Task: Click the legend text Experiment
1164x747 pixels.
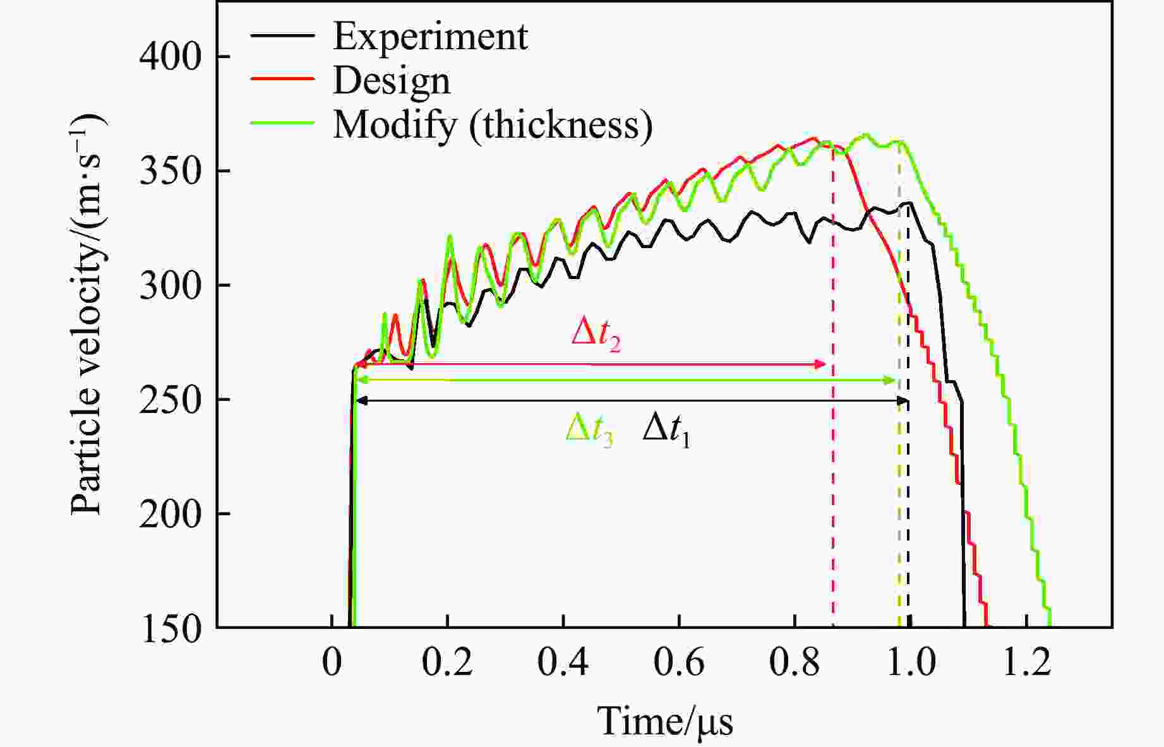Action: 430,37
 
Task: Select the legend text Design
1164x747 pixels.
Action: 392,81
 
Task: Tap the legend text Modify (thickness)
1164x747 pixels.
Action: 493,124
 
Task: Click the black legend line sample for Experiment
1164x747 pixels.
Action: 282,35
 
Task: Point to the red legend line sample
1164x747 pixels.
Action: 282,78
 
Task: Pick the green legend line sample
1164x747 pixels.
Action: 282,122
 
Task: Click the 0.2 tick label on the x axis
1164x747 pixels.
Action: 447,664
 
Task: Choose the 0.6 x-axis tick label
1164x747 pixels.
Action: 679,664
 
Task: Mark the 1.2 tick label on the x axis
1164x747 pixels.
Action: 1026,664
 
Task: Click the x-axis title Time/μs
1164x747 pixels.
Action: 665,721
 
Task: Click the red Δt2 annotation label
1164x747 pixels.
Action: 596,333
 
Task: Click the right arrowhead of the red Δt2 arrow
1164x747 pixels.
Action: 820,364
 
